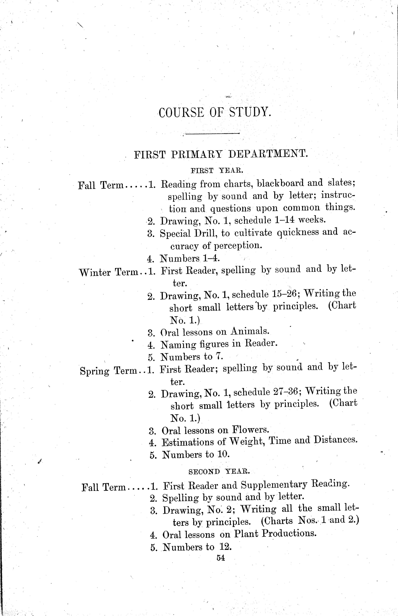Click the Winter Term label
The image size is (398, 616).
pos(109,272)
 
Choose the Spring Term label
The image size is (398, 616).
pos(109,371)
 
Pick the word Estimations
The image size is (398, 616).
pos(188,442)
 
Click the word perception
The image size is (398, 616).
pos(238,245)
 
